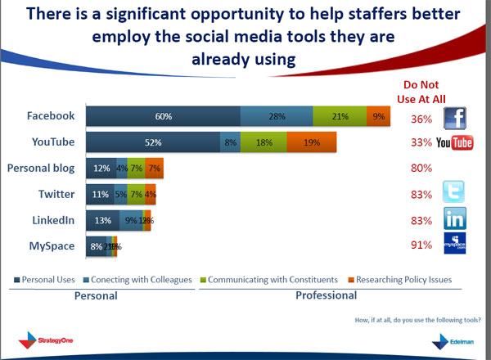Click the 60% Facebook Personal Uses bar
coord(163,117)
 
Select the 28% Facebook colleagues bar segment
coord(276,117)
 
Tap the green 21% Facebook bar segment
coord(340,117)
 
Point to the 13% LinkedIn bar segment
coord(102,219)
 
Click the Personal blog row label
coord(41,168)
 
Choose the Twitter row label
coord(57,194)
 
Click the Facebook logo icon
coord(455,118)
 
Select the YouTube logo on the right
coord(455,144)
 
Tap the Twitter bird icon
coord(455,192)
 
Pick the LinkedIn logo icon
coord(455,218)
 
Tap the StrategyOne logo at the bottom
coord(45,338)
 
